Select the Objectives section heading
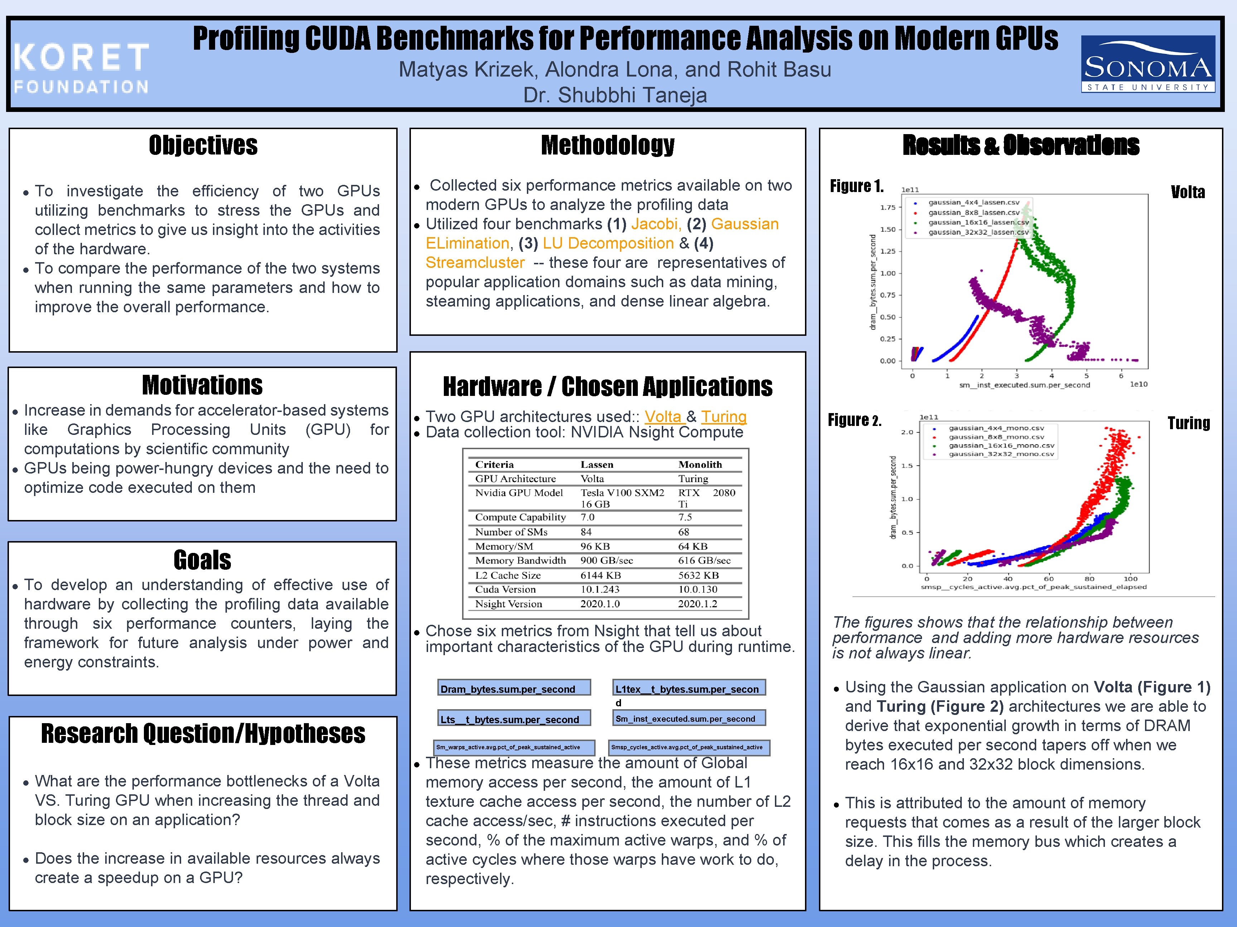(203, 145)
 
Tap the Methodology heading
(607, 145)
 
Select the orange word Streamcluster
(475, 263)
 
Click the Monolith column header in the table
(700, 464)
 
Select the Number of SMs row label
(511, 532)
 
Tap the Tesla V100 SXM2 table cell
(622, 493)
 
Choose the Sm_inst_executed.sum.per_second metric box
(688, 718)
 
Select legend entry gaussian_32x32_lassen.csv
(978, 232)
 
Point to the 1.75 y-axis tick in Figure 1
(888, 208)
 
